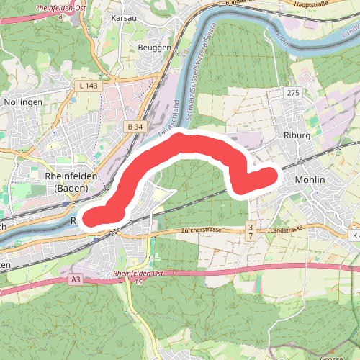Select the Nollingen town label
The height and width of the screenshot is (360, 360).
pyautogui.click(x=23, y=102)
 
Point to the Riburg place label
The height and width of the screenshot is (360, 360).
pyautogui.click(x=296, y=134)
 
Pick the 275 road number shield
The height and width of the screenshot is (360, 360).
pyautogui.click(x=292, y=94)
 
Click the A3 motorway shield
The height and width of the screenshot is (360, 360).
pyautogui.click(x=76, y=278)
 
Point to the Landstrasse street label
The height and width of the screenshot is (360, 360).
pyautogui.click(x=286, y=230)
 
